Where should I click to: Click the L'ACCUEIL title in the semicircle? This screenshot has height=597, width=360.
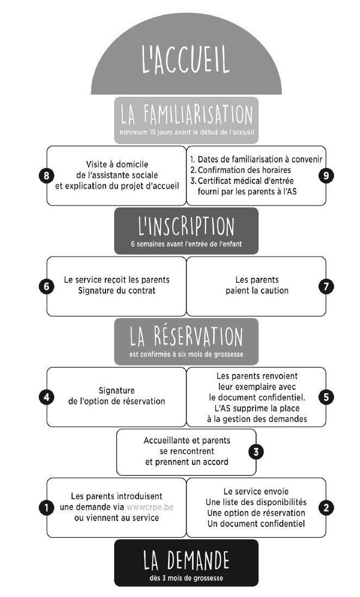[x=186, y=59]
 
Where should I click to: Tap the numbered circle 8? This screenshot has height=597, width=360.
[x=46, y=176]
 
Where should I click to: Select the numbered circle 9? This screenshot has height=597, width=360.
[x=326, y=176]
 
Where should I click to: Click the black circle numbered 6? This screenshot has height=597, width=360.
[x=46, y=287]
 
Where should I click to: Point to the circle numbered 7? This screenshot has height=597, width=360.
[x=326, y=287]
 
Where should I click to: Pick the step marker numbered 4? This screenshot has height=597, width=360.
[x=46, y=397]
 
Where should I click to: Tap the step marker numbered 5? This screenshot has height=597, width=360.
[x=326, y=397]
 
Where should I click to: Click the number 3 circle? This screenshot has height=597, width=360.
[x=256, y=452]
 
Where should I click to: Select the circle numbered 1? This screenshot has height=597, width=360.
[x=46, y=507]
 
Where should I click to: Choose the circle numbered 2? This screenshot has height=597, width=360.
[x=326, y=507]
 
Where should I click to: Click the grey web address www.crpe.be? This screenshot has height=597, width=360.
[x=150, y=507]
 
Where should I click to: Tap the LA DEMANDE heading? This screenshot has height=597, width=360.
[x=187, y=560]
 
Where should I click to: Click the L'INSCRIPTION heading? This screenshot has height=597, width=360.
[x=187, y=226]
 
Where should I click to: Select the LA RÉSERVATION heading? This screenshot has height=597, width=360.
[x=187, y=336]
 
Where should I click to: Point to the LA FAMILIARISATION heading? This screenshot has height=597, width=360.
[x=187, y=115]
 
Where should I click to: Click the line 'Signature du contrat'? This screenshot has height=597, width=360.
[x=116, y=290]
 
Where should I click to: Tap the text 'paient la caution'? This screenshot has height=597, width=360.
[x=257, y=290]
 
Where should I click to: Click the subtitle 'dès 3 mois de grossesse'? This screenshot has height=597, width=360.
[x=187, y=578]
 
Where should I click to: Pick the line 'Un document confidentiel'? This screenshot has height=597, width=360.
[x=256, y=524]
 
